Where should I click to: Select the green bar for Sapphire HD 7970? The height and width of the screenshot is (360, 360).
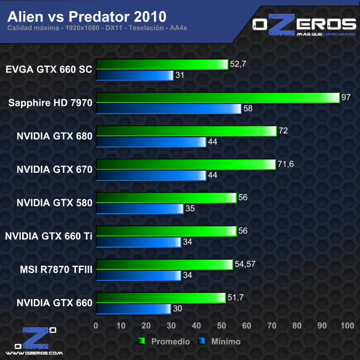click(x=217, y=97)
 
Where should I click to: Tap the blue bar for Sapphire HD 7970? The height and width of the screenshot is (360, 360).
click(x=168, y=109)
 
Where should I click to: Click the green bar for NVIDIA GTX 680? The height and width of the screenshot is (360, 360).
click(x=186, y=131)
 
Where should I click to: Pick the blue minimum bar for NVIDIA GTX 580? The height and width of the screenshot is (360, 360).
click(x=140, y=208)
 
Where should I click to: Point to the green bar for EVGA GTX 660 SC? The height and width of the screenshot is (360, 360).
click(x=162, y=64)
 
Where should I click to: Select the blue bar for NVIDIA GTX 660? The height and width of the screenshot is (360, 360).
click(x=133, y=308)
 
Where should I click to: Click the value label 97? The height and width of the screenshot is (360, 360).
click(x=346, y=97)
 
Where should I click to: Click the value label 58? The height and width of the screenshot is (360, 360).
click(x=248, y=109)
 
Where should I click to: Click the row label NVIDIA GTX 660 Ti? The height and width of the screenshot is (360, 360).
click(x=49, y=236)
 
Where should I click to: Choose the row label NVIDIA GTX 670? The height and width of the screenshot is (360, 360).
click(x=54, y=169)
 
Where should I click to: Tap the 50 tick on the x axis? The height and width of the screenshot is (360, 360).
click(x=222, y=325)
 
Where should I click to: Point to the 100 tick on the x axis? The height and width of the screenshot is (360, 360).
click(x=347, y=325)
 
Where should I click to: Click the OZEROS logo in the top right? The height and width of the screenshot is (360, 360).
click(x=304, y=26)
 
